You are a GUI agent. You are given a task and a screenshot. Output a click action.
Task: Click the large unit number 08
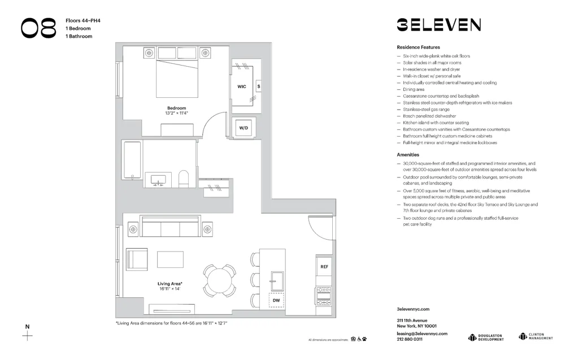click(39, 28)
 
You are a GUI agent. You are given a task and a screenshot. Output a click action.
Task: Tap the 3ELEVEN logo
click(438, 25)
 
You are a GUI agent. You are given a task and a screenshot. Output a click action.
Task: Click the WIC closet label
click(242, 86)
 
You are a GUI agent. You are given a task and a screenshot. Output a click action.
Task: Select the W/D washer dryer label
click(244, 128)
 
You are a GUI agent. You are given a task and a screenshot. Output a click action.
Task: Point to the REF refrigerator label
click(324, 266)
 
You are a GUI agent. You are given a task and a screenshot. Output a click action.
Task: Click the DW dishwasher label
click(276, 300)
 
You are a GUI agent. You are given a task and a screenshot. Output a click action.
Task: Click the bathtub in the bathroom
click(132, 161)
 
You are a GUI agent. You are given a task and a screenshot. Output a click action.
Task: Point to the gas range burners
click(324, 294)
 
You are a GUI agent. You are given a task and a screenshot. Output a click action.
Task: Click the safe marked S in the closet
click(258, 87)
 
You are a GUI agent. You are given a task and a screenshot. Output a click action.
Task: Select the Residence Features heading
click(418, 47)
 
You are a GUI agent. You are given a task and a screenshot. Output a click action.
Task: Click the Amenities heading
click(408, 154)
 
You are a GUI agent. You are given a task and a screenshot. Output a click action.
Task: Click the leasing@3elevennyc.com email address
click(422, 333)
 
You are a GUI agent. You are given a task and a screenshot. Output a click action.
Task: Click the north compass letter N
click(27, 326)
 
